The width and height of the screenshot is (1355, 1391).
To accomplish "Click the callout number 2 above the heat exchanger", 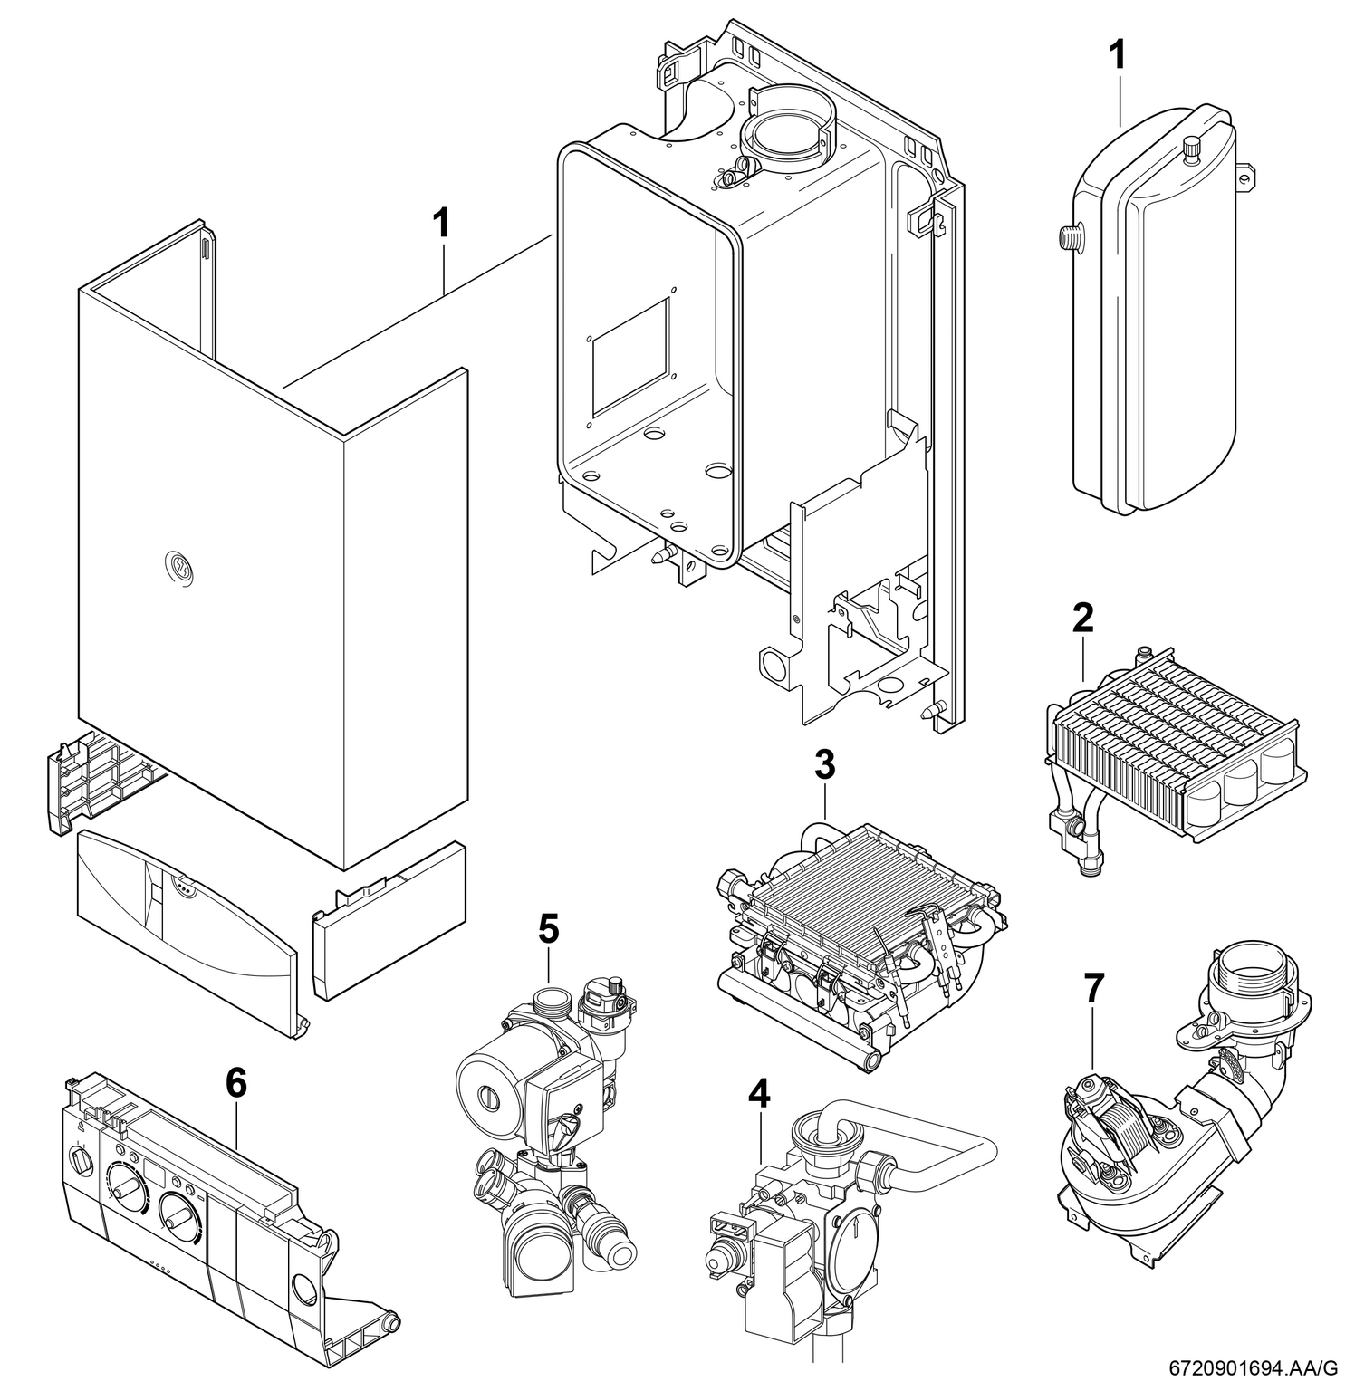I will click(1082, 619).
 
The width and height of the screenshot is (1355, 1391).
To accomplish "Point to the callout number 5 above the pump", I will click(548, 929).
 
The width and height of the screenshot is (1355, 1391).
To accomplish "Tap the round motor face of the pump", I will click(486, 1083).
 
